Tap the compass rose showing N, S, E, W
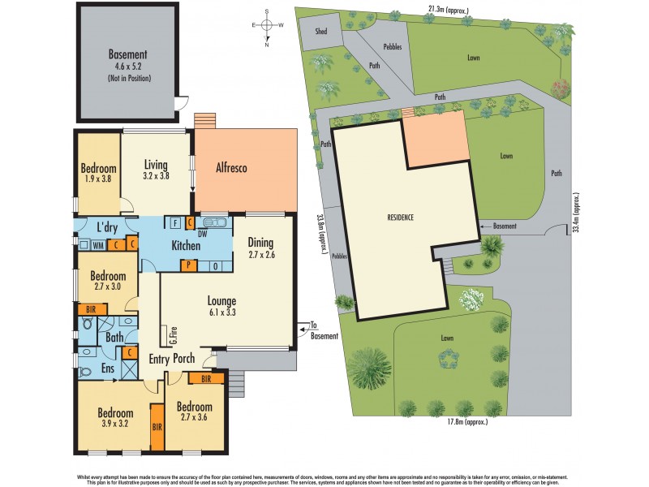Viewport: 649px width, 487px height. click(267, 26)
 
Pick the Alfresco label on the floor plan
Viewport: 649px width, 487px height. click(231, 169)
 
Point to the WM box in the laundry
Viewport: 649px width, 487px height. click(97, 243)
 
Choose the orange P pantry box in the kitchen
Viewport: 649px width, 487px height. click(188, 265)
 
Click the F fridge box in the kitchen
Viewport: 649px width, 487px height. click(176, 222)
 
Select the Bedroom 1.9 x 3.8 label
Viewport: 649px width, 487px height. click(99, 175)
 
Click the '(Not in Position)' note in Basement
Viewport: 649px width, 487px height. click(127, 79)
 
